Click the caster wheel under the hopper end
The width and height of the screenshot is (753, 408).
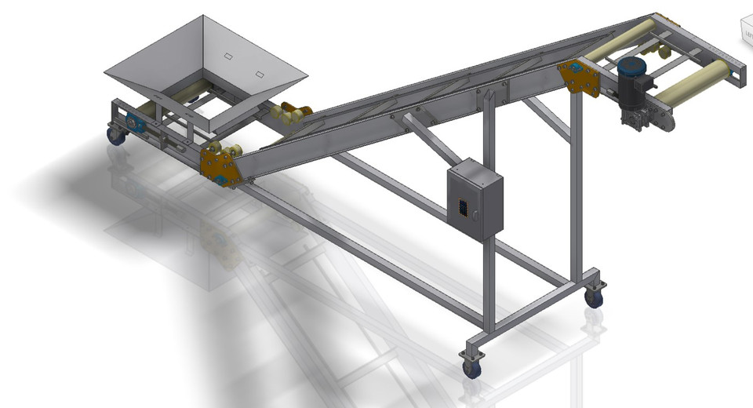[116, 136]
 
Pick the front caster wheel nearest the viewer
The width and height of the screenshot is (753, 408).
[471, 367]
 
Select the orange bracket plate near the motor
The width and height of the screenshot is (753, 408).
[580, 76]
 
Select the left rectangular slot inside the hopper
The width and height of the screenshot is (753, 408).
[227, 56]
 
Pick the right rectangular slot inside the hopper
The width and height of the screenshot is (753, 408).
[261, 74]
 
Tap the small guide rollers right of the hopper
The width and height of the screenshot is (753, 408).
[291, 115]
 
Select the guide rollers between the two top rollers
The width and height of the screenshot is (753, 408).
[664, 52]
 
